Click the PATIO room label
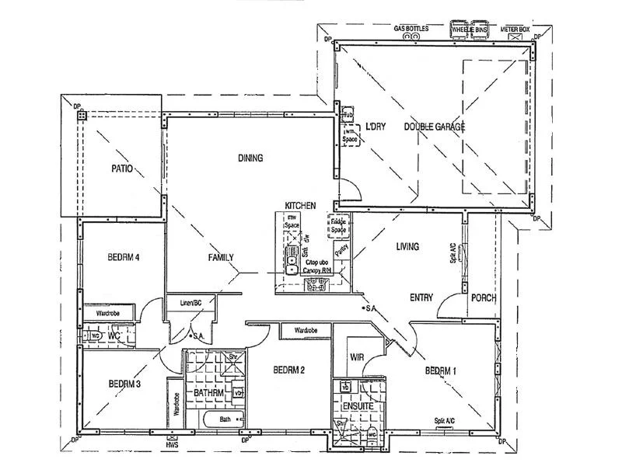tap(121, 168)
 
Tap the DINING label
tap(250, 158)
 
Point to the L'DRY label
tap(376, 126)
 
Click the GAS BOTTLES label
tap(411, 28)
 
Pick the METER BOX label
tap(515, 28)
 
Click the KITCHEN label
tap(300, 204)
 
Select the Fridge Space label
tap(338, 225)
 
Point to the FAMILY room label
tap(221, 258)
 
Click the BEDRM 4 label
tap(123, 258)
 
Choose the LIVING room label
tap(407, 247)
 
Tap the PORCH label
tap(484, 297)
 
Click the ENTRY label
tap(421, 297)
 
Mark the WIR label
tap(358, 357)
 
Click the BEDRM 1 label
tap(440, 371)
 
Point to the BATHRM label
tap(209, 394)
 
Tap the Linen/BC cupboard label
tap(191, 301)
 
